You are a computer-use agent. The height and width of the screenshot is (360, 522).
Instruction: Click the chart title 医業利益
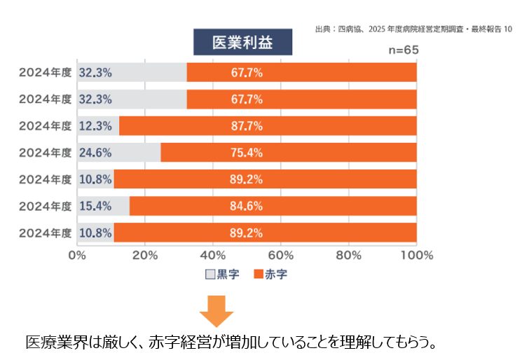tap(242, 41)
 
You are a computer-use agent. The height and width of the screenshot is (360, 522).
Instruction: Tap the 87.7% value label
tap(246, 126)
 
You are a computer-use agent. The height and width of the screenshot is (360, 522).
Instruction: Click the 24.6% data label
tap(95, 152)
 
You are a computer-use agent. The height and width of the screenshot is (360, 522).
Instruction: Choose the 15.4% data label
tap(95, 205)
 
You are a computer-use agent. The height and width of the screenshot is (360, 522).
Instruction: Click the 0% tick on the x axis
tap(77, 255)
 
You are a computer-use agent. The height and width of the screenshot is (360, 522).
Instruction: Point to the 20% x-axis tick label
tap(145, 255)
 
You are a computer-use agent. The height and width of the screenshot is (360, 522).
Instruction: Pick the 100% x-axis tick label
tap(417, 255)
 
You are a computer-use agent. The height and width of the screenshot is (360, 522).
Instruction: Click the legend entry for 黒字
tap(222, 274)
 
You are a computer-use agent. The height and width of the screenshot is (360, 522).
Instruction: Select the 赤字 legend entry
tap(270, 274)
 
